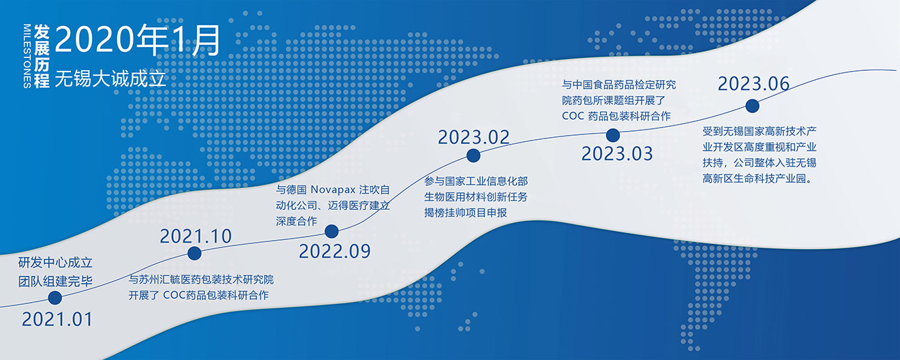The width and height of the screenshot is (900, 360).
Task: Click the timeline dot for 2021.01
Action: point(55,298)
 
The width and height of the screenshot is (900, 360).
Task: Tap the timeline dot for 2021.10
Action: point(194,253)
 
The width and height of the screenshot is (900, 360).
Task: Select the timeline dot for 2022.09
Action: point(331,231)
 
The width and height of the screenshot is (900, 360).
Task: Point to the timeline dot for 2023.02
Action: point(473,155)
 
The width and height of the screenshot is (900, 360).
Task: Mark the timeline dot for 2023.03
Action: point(613,136)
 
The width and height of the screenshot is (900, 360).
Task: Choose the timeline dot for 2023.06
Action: point(752,106)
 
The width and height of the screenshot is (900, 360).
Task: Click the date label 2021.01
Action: point(57,320)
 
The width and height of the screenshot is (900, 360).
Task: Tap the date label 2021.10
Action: point(196,236)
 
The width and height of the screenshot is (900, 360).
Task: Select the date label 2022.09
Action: point(335,252)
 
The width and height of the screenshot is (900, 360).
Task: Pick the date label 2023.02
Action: point(474,138)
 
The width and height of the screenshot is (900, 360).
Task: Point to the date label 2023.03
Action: point(617,154)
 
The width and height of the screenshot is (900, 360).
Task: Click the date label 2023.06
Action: point(754,84)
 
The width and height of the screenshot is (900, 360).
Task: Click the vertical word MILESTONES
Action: point(27,56)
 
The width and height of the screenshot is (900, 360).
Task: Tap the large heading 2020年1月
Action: point(138,40)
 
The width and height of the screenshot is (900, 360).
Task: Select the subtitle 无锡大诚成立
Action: point(110,78)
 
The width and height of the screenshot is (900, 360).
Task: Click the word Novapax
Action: point(333,190)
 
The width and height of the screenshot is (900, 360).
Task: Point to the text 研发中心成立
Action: point(55,262)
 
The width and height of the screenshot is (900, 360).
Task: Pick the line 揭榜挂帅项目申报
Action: point(465,212)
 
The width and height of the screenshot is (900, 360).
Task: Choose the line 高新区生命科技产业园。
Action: point(757,179)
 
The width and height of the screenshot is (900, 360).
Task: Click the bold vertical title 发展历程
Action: point(42,56)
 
